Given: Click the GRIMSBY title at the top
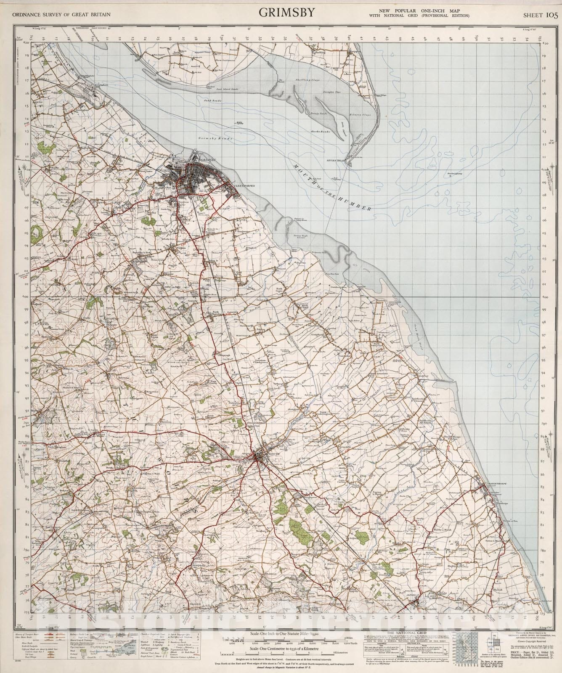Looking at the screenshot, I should pyautogui.click(x=286, y=13).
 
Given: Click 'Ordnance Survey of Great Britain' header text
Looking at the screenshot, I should pyautogui.click(x=61, y=15).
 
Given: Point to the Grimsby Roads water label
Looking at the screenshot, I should pyautogui.click(x=209, y=138).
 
